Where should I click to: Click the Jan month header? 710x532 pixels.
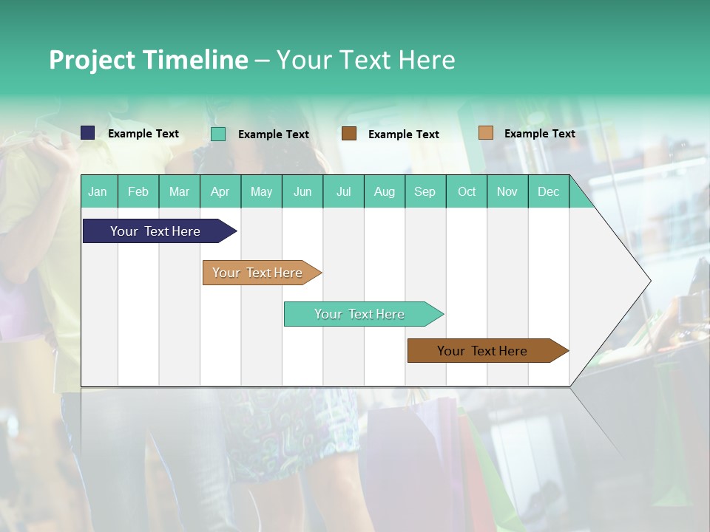tap(98, 191)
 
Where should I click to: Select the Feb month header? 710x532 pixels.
tap(138, 191)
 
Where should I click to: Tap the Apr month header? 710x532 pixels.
tap(220, 191)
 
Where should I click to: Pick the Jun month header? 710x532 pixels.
tap(302, 191)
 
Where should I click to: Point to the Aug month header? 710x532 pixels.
tap(384, 191)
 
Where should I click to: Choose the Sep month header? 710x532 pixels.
tap(425, 191)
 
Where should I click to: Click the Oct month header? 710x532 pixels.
tap(467, 191)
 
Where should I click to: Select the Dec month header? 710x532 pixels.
tap(548, 191)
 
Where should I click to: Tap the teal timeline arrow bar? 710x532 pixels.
tap(360, 314)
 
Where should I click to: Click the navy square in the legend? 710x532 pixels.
tap(88, 133)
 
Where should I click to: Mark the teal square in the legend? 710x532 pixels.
tap(218, 134)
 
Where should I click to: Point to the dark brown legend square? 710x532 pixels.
tap(349, 134)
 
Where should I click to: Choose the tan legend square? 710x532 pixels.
tap(486, 133)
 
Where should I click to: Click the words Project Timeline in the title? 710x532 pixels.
tap(149, 60)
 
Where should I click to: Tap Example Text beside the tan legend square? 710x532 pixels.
tap(539, 134)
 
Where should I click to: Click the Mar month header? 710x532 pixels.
tap(179, 191)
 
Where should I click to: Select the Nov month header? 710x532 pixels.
tap(507, 191)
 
